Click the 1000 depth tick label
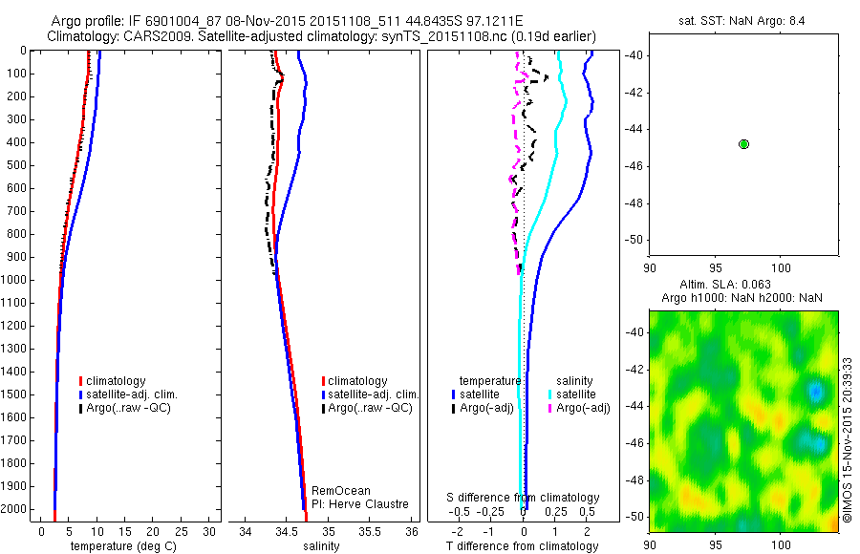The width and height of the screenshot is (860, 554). [16, 280]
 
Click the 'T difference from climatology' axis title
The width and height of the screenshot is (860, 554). [524, 546]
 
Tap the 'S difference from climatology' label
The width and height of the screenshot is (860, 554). [524, 498]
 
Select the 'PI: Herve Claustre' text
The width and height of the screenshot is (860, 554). [359, 504]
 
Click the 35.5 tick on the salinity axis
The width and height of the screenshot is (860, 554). [370, 531]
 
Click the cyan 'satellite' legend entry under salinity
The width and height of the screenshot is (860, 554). [576, 394]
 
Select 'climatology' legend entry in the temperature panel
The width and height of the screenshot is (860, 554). [117, 381]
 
